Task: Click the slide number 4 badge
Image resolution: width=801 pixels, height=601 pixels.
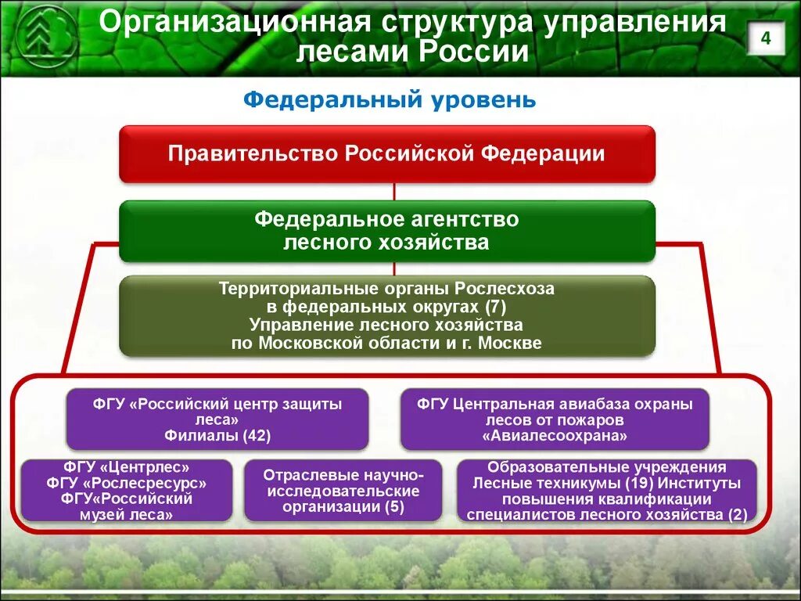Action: click(x=766, y=38)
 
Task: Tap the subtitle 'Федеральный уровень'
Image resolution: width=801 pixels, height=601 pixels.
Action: click(x=390, y=100)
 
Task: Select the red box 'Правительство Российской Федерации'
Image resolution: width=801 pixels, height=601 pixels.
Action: click(x=386, y=153)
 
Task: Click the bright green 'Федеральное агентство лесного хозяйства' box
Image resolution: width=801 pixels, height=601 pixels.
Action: click(x=386, y=230)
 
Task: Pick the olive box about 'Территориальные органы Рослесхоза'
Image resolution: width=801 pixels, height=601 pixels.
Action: click(x=386, y=315)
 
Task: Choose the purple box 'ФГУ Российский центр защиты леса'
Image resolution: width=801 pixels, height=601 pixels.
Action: click(x=217, y=420)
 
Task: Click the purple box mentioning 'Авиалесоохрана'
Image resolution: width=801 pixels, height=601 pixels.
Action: click(x=555, y=420)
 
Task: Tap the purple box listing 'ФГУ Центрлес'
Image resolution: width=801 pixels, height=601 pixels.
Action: click(x=127, y=490)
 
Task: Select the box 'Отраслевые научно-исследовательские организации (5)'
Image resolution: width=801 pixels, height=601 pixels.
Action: click(x=342, y=491)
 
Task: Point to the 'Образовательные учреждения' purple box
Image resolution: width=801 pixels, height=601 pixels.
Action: click(x=606, y=490)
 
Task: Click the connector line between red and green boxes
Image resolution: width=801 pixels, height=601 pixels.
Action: click(x=394, y=192)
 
